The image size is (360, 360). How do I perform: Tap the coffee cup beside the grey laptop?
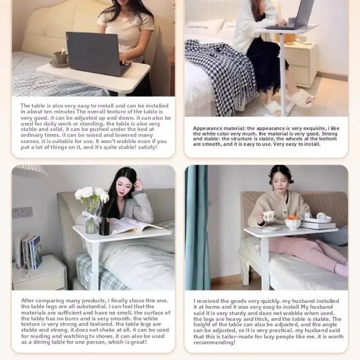pyautogui.click(x=60, y=58)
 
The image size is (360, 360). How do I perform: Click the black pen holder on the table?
pyautogui.click(x=104, y=228)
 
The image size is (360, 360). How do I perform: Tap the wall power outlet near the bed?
pyautogui.click(x=22, y=212)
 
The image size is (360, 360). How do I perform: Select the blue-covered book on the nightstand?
pyautogui.click(x=36, y=252)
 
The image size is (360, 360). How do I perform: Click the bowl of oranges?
pyautogui.click(x=293, y=222)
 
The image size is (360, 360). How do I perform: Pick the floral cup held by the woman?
pyautogui.click(x=268, y=216)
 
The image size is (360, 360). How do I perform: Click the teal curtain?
pyautogui.click(x=197, y=227)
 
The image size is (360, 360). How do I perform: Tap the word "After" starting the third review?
pyautogui.click(x=28, y=300)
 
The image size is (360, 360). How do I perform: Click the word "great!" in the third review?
pyautogui.click(x=139, y=342)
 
